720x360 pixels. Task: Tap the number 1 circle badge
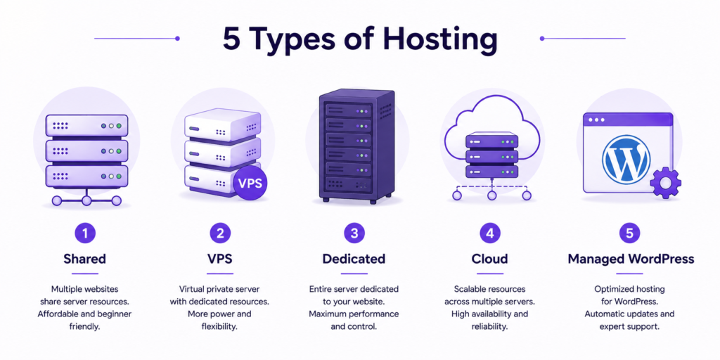click(x=85, y=233)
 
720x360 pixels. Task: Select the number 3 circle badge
click(x=354, y=233)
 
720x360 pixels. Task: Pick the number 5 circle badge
click(x=629, y=233)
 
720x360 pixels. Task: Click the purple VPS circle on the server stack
click(x=250, y=184)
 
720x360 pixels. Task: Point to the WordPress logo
click(x=626, y=159)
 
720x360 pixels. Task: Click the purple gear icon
click(x=665, y=182)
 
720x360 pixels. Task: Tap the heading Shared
click(x=85, y=259)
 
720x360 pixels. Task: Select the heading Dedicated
click(x=354, y=259)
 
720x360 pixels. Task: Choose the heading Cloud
click(x=490, y=259)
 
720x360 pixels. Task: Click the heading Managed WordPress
click(x=631, y=259)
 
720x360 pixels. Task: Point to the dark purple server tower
click(x=356, y=146)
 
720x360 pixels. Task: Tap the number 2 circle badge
click(x=220, y=233)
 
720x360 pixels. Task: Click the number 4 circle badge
click(x=490, y=233)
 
